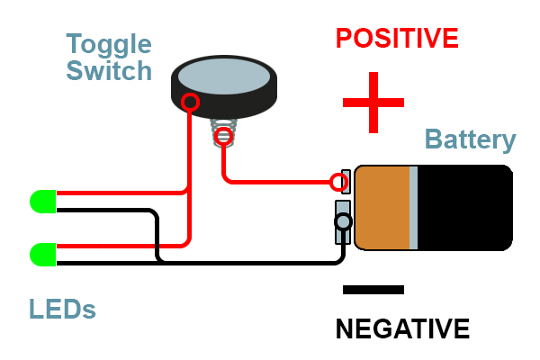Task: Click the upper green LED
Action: pyautogui.click(x=42, y=202)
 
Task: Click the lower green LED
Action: pyautogui.click(x=42, y=255)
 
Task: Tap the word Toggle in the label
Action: pyautogui.click(x=109, y=44)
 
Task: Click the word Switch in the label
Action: pyautogui.click(x=109, y=70)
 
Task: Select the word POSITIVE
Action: pyautogui.click(x=397, y=39)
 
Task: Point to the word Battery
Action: pyautogui.click(x=470, y=139)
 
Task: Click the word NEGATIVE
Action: pyautogui.click(x=402, y=328)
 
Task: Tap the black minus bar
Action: pyautogui.click(x=373, y=290)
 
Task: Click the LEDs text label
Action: pyautogui.click(x=62, y=310)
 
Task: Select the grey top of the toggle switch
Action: pyautogui.click(x=222, y=76)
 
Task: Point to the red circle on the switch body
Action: pyautogui.click(x=190, y=102)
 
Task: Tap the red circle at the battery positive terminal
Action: pyautogui.click(x=338, y=184)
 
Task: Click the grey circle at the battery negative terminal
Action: pyautogui.click(x=343, y=221)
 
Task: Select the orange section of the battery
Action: pyautogui.click(x=382, y=207)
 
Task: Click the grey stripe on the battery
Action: pyautogui.click(x=414, y=207)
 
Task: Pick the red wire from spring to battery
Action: pyautogui.click(x=270, y=181)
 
